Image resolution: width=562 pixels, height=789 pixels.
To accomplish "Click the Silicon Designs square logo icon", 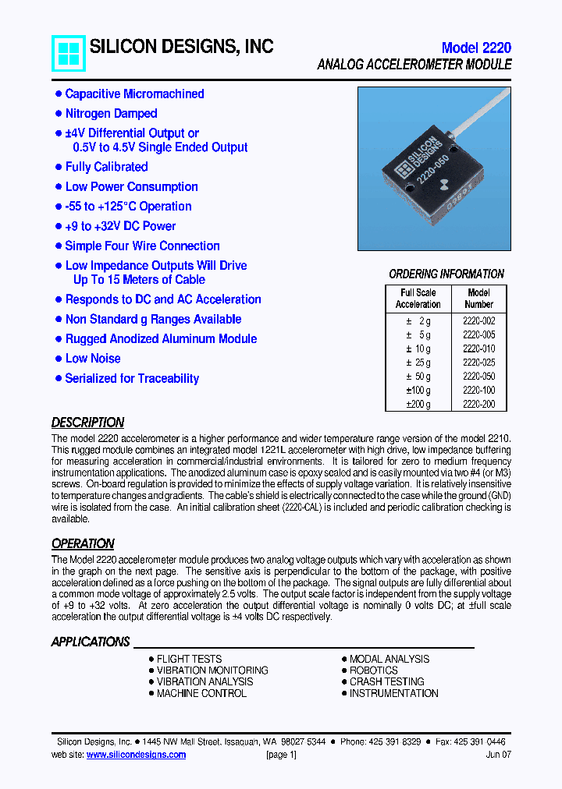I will tap(69, 53).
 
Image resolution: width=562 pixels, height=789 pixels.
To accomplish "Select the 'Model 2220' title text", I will tap(475, 48).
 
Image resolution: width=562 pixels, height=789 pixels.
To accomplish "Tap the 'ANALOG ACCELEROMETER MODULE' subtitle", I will tap(414, 65).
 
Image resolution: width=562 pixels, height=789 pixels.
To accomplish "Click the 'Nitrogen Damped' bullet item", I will tap(111, 114).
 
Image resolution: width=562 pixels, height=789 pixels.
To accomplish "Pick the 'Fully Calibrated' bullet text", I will tap(106, 167).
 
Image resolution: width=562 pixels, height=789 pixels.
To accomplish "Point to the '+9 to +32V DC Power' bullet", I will tap(120, 226).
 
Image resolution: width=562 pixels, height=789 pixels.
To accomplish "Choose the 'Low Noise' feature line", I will tap(93, 359).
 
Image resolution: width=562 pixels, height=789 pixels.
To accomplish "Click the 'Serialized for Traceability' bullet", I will tap(132, 378).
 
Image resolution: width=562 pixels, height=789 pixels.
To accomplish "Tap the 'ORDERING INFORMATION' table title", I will tap(446, 274).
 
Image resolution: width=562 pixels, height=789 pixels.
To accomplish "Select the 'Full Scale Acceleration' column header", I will tap(418, 299).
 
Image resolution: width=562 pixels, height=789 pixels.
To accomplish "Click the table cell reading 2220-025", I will tap(478, 363).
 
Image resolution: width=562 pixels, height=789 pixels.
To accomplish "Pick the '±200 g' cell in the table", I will tap(418, 405).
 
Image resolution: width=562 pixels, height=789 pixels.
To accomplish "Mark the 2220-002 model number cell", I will tap(478, 320).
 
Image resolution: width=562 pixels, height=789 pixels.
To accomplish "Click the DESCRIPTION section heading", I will tap(87, 423).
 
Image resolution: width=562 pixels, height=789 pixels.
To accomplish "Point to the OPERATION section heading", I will tap(83, 543).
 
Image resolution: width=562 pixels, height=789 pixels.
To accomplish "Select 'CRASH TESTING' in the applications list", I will tap(386, 681).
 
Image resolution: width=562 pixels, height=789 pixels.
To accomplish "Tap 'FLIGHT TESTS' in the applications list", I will tap(189, 659).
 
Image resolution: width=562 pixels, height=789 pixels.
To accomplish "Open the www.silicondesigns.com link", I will tap(136, 755).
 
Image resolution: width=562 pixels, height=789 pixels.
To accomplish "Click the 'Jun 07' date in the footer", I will tap(498, 755).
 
